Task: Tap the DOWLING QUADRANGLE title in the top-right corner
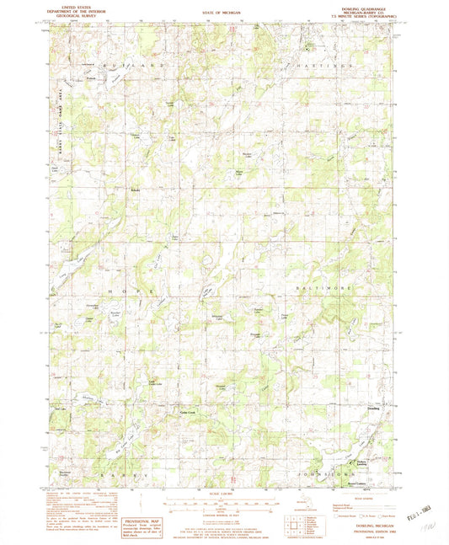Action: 370,6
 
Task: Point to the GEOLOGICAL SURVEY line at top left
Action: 70,14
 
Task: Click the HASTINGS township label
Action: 329,64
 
